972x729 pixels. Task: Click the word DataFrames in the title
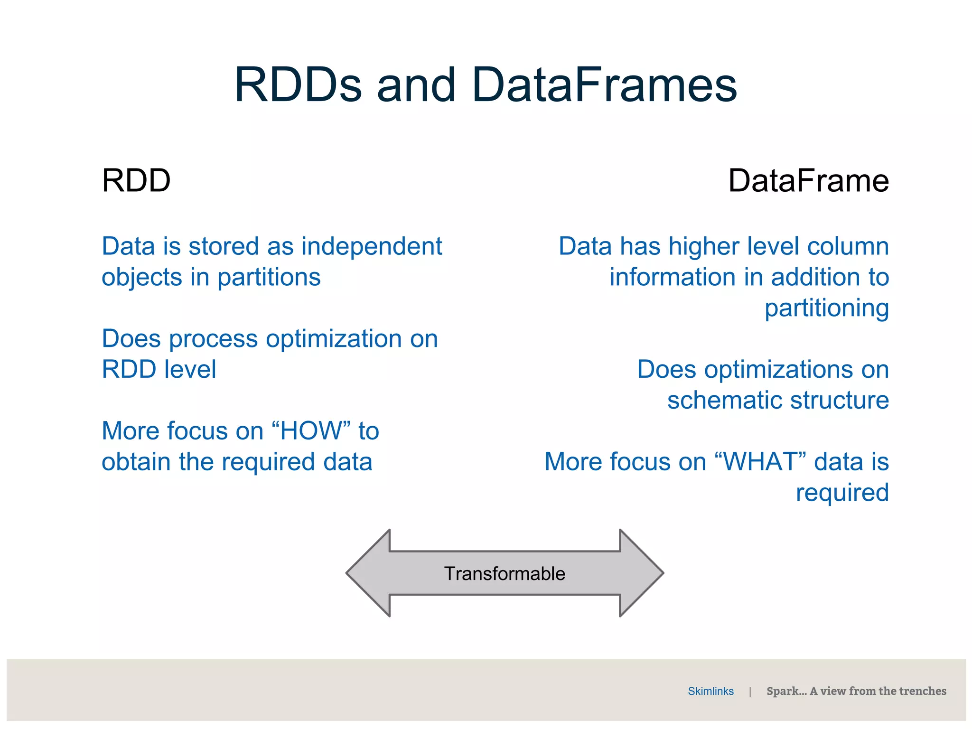click(605, 85)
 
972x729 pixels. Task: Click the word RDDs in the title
click(298, 85)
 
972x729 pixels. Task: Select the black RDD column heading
click(136, 181)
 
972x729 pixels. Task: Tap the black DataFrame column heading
click(808, 181)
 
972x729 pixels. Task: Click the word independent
click(372, 247)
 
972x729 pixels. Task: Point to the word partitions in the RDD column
click(269, 278)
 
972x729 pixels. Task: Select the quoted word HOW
click(311, 431)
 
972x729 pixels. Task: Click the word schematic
click(725, 400)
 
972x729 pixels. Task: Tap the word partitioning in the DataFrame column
click(826, 308)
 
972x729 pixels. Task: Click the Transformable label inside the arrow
click(505, 574)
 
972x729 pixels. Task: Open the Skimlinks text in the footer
click(710, 692)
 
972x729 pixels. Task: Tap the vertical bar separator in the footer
click(750, 692)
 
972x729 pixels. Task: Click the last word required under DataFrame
click(842, 493)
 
